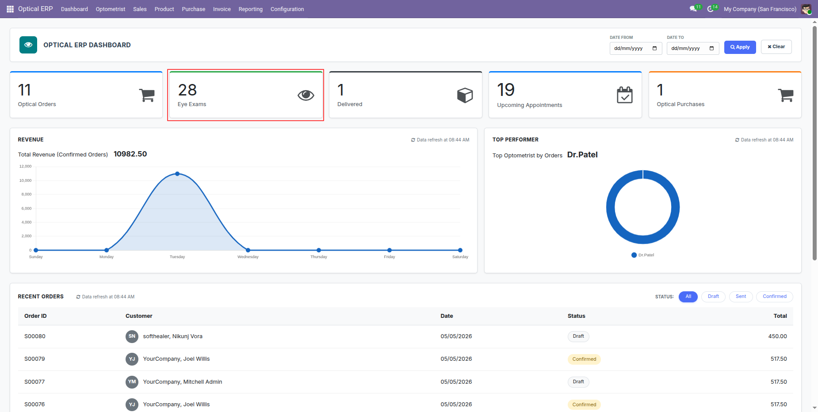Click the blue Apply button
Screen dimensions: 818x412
coord(740,47)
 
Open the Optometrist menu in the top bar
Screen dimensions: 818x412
coord(111,9)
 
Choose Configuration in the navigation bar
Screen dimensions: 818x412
coord(287,9)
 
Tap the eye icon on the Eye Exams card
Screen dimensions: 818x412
coord(306,95)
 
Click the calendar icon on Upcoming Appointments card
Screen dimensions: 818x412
coord(625,95)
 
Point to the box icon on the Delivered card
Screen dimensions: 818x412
coord(465,95)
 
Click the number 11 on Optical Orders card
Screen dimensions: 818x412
coord(24,90)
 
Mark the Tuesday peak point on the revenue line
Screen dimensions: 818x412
coord(177,174)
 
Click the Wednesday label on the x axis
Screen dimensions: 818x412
coord(248,257)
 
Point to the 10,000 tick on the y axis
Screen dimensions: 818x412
coord(25,180)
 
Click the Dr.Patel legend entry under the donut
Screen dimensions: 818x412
coord(643,255)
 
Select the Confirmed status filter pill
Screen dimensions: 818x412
coord(775,297)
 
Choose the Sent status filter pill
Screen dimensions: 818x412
coord(741,297)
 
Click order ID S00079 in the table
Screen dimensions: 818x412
coord(34,359)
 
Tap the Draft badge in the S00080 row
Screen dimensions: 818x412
coord(578,336)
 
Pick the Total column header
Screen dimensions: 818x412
coord(780,316)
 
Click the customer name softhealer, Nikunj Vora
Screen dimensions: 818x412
coord(172,336)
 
